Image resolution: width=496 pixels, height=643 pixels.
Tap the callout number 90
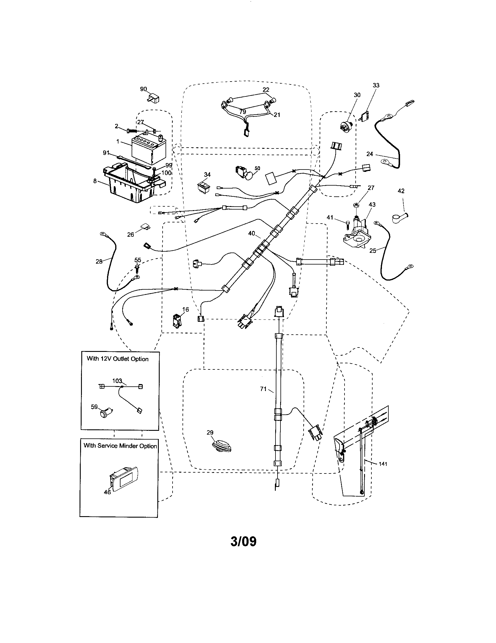coord(143,89)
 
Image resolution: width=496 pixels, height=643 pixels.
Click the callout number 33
coord(376,85)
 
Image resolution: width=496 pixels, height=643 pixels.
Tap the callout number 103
coord(117,381)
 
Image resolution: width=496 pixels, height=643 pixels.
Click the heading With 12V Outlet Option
coord(118,359)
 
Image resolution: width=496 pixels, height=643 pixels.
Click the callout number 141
coord(383,464)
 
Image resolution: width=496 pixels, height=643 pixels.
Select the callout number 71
coord(263,389)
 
